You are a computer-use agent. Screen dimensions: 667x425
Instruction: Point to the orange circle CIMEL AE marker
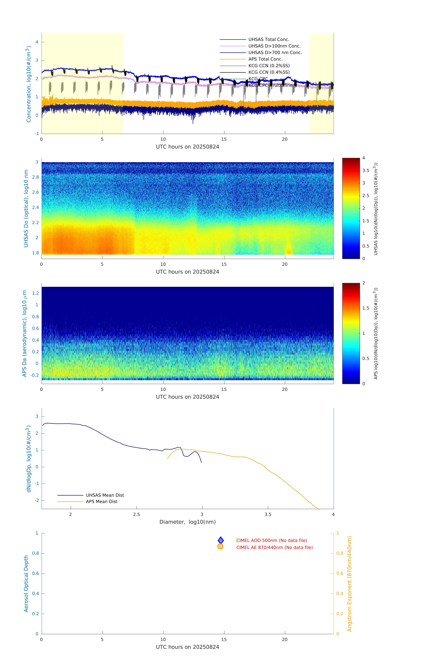(220, 546)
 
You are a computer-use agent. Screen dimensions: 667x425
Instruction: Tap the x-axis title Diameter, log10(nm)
(187, 522)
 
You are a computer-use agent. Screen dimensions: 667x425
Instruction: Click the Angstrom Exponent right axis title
(349, 584)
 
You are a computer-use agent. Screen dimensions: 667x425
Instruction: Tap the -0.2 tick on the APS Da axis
(35, 375)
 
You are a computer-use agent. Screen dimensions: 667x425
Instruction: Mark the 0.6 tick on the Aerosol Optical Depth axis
(35, 573)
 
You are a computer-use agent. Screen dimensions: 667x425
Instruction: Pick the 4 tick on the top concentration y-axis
(37, 42)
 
